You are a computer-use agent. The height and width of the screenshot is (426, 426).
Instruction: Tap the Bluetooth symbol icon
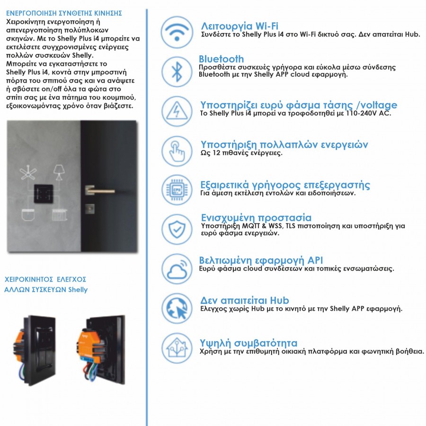click(x=177, y=71)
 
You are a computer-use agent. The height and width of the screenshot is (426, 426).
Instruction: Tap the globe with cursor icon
click(x=177, y=308)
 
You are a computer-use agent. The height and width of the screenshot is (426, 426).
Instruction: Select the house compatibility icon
click(x=177, y=347)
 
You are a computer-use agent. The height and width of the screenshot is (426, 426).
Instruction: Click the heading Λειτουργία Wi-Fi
click(x=240, y=26)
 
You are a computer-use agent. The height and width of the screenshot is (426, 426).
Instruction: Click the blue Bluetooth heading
click(x=221, y=59)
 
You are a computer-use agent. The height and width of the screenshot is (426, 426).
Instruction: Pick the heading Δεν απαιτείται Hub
click(x=245, y=301)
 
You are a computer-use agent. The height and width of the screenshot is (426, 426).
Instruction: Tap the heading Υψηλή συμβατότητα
click(x=249, y=343)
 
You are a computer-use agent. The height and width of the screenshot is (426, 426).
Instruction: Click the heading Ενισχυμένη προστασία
click(x=256, y=218)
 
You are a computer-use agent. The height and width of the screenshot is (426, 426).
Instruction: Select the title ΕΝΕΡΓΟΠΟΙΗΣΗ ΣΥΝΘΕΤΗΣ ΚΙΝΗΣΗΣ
click(x=64, y=13)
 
